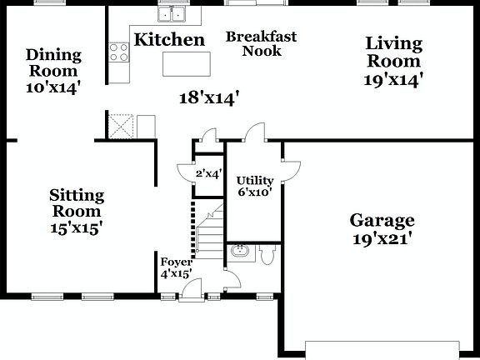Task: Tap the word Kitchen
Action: point(169,39)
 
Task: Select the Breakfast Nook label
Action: point(261,44)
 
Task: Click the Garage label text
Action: point(382,221)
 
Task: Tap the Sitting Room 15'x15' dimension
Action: point(77,227)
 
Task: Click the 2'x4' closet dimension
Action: point(208,174)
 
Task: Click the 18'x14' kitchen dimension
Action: point(210,97)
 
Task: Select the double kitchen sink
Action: point(173,13)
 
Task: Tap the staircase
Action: point(209,229)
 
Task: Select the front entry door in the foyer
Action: point(192,287)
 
